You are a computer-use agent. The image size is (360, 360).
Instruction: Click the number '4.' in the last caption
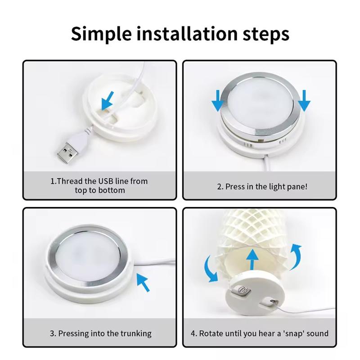coord(193,333)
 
